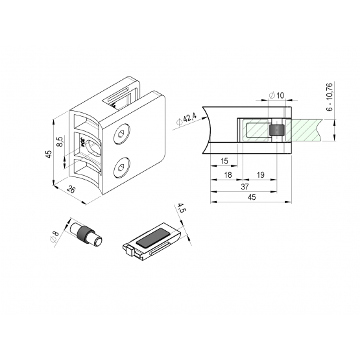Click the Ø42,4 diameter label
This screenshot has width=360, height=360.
186,119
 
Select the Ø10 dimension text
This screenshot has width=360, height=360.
276,95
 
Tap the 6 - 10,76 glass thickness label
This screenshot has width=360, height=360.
330,97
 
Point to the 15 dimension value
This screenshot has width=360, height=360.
224,161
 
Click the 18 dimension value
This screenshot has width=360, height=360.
228,175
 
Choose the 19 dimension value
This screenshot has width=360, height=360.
260,175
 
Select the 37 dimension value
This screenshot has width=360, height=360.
245,187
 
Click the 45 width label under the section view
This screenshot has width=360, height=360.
252,197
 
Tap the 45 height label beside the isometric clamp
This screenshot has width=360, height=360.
49,154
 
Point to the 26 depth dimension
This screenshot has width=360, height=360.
71,189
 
